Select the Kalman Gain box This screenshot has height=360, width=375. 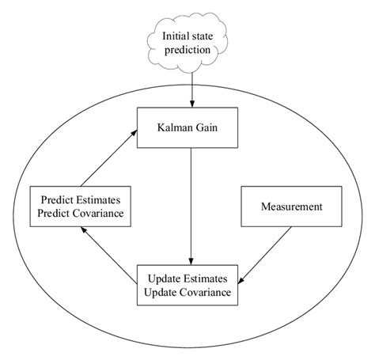[191, 126]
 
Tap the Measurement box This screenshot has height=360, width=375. [290, 207]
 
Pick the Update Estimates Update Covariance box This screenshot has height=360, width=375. [191, 286]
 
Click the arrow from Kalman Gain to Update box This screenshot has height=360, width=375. [191, 206]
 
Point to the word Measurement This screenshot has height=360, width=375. [290, 207]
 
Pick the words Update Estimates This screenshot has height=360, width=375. [191, 279]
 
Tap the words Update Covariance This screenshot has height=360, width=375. [191, 293]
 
